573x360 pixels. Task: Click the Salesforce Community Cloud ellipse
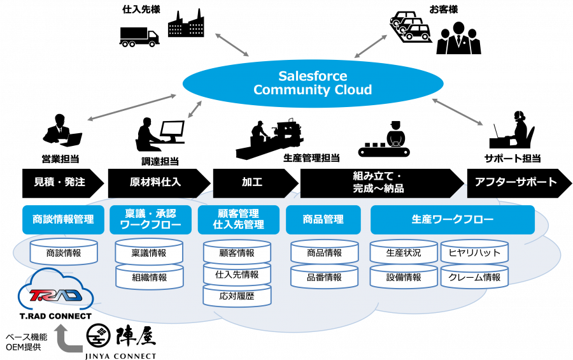[313, 83]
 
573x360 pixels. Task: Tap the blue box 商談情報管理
[63, 219]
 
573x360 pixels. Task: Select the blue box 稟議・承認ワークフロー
[150, 219]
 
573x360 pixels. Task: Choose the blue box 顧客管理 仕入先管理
[238, 219]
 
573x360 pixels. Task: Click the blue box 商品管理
[323, 219]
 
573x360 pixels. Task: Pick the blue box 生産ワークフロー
[452, 219]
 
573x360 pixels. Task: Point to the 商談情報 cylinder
[64, 253]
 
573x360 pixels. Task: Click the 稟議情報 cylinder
[149, 253]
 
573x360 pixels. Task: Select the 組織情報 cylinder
[149, 277]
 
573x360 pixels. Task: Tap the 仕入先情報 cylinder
[237, 275]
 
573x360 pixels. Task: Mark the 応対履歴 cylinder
[237, 296]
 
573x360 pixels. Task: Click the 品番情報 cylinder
[324, 277]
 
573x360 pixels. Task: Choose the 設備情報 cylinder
[404, 277]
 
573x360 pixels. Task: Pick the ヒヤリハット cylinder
[474, 253]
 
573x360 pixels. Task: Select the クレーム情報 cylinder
[474, 277]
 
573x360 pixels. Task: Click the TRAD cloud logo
[56, 295]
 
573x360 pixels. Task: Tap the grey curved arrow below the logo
[67, 338]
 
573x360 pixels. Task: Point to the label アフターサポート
[516, 182]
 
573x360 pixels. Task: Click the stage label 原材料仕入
[155, 182]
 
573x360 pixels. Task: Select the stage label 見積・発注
[59, 182]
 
